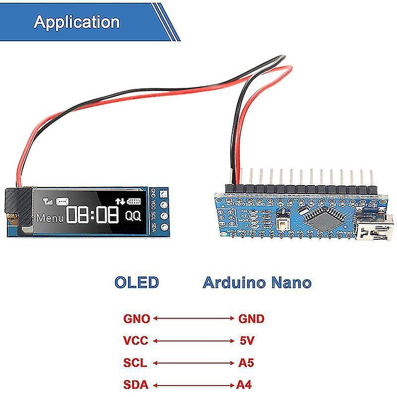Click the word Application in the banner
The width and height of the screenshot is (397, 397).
(x=76, y=22)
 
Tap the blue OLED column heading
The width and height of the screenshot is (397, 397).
(x=136, y=283)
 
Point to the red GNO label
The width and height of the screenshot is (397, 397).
(x=136, y=319)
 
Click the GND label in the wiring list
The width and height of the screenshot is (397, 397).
(x=252, y=319)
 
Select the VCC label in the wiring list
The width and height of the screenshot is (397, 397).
(x=135, y=341)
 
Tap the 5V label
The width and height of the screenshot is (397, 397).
(x=247, y=341)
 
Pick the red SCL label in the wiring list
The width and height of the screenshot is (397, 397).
(x=135, y=363)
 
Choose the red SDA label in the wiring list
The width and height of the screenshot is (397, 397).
(x=135, y=385)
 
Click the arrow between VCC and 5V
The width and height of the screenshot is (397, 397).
(x=194, y=341)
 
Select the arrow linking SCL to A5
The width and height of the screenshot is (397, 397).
(x=194, y=363)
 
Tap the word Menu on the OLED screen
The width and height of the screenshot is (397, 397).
(x=50, y=217)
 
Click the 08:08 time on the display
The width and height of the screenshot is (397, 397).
(x=93, y=215)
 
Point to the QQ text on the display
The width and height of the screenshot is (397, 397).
(x=132, y=216)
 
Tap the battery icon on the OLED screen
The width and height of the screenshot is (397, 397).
(x=134, y=201)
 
